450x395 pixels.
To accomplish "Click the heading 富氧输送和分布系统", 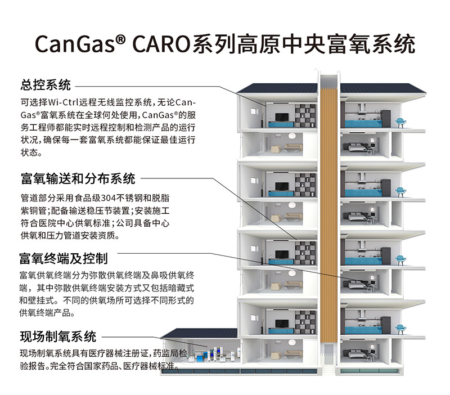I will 77,179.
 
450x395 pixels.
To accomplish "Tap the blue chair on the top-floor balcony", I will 400,120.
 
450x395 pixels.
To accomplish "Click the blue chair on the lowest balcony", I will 400,327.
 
